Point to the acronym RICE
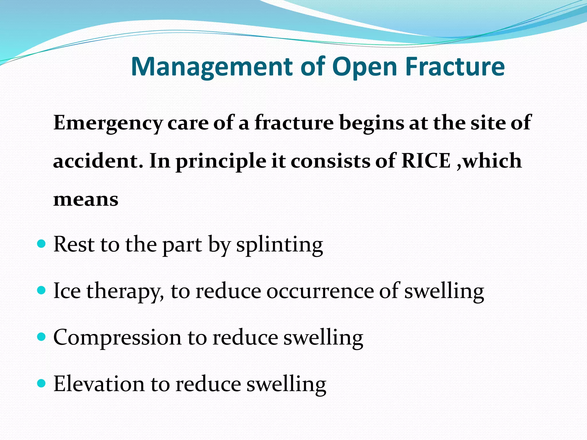click(x=426, y=161)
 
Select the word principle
click(x=221, y=162)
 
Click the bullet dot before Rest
click(x=42, y=244)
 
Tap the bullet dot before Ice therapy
click(x=42, y=291)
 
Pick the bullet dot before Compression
click(x=42, y=337)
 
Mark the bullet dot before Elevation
click(x=42, y=384)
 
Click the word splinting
click(x=279, y=245)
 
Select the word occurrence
click(x=320, y=291)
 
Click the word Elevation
click(x=99, y=384)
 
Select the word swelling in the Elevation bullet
click(x=286, y=384)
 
